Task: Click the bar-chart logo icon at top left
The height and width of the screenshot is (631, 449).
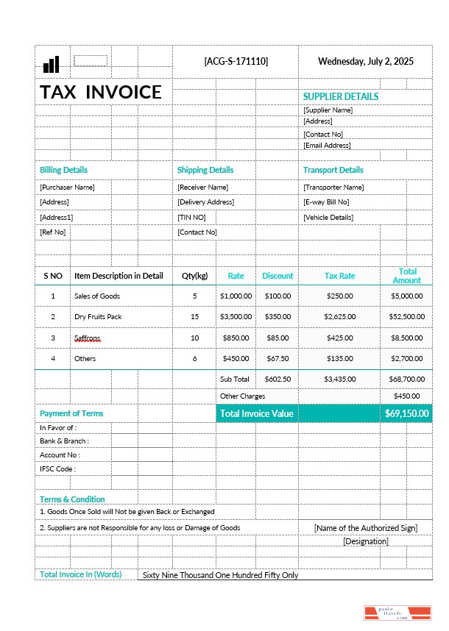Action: click(x=51, y=64)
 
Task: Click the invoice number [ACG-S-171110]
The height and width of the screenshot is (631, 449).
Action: click(x=236, y=61)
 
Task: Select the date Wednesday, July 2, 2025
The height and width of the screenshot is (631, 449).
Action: click(x=365, y=61)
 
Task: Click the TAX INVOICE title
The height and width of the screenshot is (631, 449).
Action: click(x=101, y=92)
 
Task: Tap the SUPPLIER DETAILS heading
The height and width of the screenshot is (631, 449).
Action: click(x=340, y=96)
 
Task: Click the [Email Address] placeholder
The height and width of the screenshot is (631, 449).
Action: click(x=327, y=146)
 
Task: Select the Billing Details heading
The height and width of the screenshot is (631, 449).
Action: click(x=63, y=170)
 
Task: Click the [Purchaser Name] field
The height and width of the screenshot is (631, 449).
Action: click(x=67, y=188)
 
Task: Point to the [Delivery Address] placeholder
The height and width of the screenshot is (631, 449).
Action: click(x=205, y=202)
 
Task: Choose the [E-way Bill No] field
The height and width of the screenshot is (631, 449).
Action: click(x=326, y=202)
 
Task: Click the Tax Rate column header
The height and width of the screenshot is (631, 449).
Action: click(x=339, y=276)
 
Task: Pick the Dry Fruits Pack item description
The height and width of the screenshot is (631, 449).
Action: click(x=97, y=316)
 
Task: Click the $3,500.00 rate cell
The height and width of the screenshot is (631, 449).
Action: click(x=236, y=316)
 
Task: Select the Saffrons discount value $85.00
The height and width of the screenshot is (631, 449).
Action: click(x=277, y=338)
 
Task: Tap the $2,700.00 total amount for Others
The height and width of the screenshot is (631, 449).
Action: click(x=406, y=358)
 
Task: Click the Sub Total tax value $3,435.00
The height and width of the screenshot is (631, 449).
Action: click(x=339, y=379)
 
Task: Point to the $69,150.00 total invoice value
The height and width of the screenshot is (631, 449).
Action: click(x=406, y=413)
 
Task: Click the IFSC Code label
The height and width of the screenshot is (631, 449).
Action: click(x=57, y=468)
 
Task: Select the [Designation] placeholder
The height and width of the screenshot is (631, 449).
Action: click(x=365, y=541)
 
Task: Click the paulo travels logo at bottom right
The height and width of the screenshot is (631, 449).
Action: click(x=397, y=614)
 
